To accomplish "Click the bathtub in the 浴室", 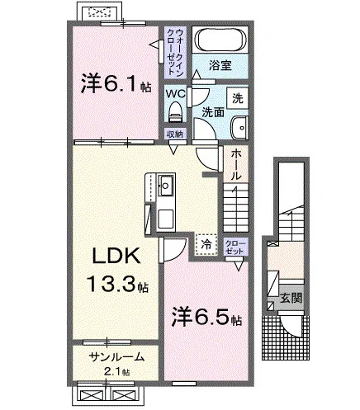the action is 220,40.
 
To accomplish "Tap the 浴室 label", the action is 220,66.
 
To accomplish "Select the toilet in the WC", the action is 176,111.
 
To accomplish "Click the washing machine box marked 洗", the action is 238,98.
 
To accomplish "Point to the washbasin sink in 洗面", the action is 239,128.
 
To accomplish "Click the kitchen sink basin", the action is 165,186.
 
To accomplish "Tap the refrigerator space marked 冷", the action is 206,244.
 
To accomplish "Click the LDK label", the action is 116,256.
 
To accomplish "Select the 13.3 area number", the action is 111,284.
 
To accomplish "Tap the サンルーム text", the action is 116,357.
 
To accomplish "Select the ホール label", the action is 235,165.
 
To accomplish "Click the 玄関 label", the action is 291,298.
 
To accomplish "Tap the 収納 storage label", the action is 175,134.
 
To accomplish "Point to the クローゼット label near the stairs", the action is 235,247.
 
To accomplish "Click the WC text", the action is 176,94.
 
